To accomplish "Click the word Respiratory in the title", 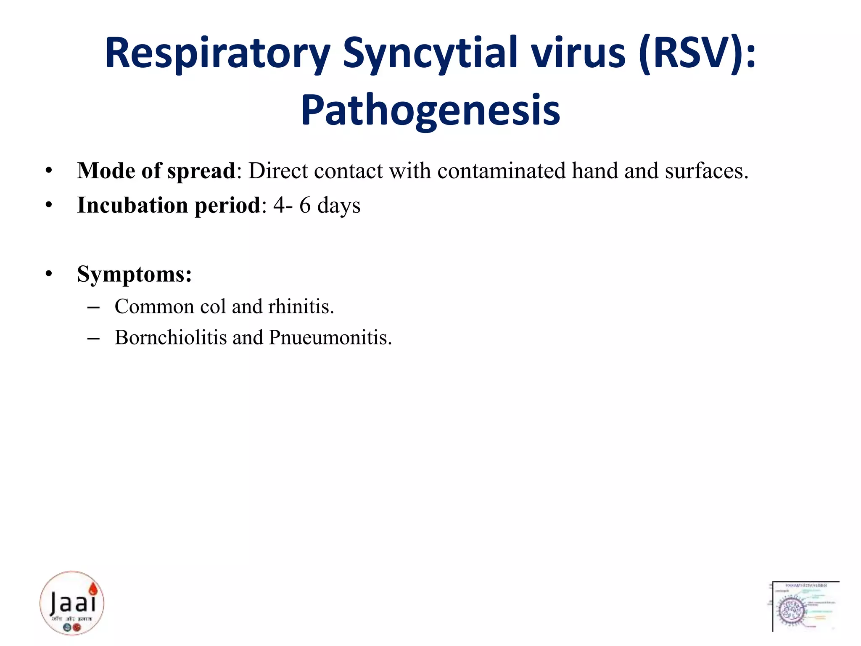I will click(x=217, y=54).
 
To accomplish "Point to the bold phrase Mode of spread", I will click(x=156, y=171).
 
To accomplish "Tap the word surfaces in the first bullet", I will click(x=706, y=171).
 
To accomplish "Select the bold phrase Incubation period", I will click(x=169, y=206).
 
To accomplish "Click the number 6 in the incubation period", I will click(x=305, y=206).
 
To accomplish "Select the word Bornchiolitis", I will click(x=171, y=338).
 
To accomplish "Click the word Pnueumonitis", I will click(x=330, y=338).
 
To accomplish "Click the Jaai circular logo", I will click(x=72, y=603).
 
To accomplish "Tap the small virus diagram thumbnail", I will click(x=806, y=606).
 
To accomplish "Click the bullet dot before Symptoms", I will click(x=49, y=274).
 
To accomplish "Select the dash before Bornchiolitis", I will click(x=93, y=338).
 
